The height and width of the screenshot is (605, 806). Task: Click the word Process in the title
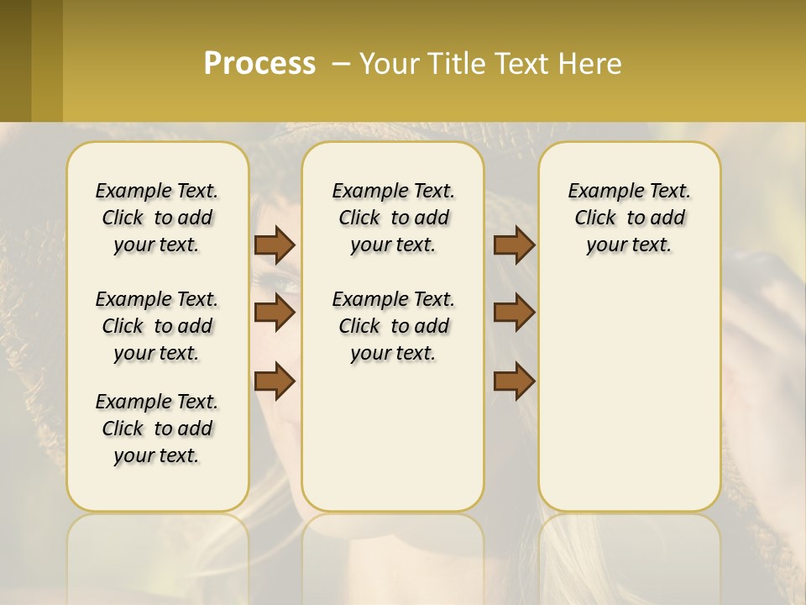tap(259, 63)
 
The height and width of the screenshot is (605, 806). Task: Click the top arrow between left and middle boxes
tap(275, 245)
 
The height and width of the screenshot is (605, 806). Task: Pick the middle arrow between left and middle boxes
tap(275, 313)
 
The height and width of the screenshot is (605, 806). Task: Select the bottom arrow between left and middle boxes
tap(275, 381)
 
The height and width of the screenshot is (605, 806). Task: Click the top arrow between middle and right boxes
tap(514, 245)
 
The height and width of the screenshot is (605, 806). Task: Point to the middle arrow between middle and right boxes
tap(514, 313)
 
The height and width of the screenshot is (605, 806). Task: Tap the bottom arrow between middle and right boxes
tap(514, 381)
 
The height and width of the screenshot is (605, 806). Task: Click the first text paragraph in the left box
tap(157, 218)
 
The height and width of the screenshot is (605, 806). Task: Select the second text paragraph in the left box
tap(157, 326)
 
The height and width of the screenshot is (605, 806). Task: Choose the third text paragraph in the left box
tap(157, 429)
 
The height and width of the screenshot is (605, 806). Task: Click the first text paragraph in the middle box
tap(393, 218)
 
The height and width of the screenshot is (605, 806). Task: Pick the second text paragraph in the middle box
tap(393, 326)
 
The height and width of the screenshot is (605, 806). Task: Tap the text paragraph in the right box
tap(629, 218)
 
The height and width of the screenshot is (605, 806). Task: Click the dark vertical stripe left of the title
tap(47, 60)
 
